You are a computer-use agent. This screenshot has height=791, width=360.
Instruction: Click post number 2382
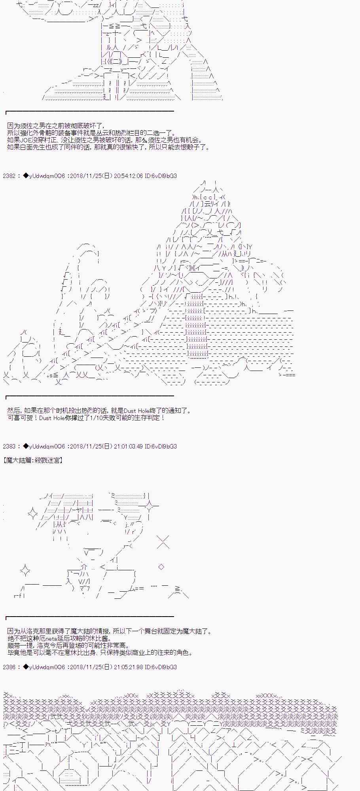click(9, 176)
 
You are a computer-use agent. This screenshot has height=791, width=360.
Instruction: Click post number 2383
click(9, 447)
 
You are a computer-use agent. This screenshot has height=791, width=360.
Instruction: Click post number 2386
click(9, 667)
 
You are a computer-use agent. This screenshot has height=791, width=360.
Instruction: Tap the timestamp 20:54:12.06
click(128, 176)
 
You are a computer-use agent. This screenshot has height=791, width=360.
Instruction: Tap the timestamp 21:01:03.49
click(128, 447)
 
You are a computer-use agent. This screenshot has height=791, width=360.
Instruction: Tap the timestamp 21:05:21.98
click(128, 667)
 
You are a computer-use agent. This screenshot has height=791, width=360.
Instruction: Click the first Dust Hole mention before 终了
click(137, 411)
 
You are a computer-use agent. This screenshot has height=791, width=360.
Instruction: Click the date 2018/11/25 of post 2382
click(84, 176)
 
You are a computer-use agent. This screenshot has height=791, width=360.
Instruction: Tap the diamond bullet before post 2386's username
click(26, 667)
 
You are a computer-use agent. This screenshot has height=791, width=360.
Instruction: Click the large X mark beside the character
click(163, 542)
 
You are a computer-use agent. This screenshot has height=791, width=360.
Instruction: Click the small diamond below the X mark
click(161, 567)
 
